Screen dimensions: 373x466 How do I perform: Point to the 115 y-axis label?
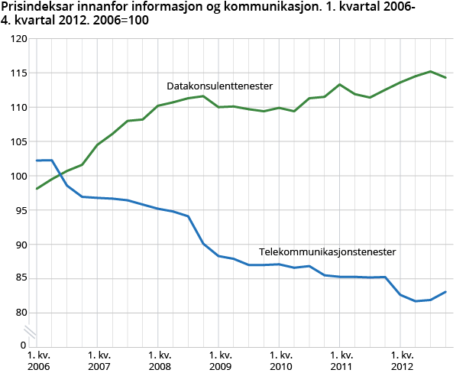click(x=17, y=73)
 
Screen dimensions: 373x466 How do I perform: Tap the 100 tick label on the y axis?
click(x=17, y=176)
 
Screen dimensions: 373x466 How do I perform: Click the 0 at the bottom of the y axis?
click(x=22, y=345)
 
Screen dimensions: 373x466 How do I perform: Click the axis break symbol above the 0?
click(x=30, y=331)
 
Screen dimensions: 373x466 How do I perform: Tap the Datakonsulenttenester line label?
click(x=220, y=86)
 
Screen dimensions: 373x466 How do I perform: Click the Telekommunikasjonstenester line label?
click(x=328, y=251)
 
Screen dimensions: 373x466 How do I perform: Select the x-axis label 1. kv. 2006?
click(x=37, y=361)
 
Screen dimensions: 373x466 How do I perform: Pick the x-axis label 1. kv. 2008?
click(x=159, y=361)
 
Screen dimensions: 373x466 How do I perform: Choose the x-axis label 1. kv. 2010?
click(x=281, y=361)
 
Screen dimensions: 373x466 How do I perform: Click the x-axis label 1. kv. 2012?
click(x=403, y=361)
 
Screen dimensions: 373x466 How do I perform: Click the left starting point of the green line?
click(x=37, y=188)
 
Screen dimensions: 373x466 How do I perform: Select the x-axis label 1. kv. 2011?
click(x=341, y=361)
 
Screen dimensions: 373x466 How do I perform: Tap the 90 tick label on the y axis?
click(x=19, y=245)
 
